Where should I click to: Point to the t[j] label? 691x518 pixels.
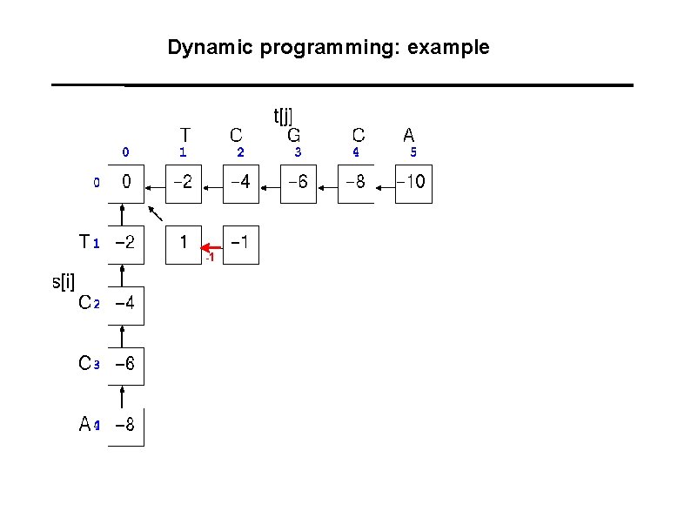click(x=284, y=116)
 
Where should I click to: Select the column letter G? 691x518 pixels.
click(x=294, y=135)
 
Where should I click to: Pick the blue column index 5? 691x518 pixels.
click(x=413, y=152)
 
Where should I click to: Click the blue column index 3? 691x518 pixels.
click(x=298, y=152)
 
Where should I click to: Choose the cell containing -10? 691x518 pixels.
click(x=413, y=184)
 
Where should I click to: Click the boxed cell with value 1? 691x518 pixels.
click(x=183, y=242)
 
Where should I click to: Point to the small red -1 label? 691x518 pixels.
click(x=209, y=259)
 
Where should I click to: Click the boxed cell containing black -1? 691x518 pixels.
click(x=241, y=242)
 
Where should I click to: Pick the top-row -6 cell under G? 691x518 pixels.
click(x=298, y=184)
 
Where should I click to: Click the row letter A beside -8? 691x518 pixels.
click(x=84, y=425)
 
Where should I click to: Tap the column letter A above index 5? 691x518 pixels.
click(x=409, y=135)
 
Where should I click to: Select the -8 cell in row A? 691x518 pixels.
click(x=125, y=425)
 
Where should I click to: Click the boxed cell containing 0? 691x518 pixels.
click(x=126, y=184)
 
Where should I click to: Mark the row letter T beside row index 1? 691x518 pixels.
click(x=84, y=241)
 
